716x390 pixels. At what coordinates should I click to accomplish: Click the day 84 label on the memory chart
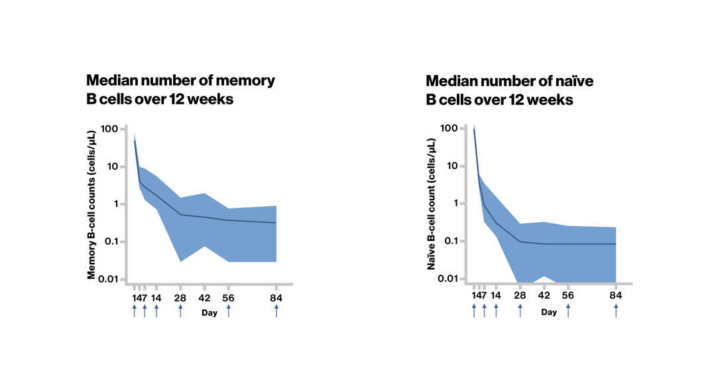click(276, 298)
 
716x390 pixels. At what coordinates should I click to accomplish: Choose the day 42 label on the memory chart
click(204, 298)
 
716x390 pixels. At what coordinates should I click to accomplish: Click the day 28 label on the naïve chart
click(520, 296)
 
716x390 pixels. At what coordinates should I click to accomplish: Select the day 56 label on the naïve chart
click(568, 296)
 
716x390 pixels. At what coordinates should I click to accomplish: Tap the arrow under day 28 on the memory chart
click(180, 310)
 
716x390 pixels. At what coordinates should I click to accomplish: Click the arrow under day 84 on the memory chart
click(276, 310)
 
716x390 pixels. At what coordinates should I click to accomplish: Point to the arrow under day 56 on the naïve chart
click(568, 309)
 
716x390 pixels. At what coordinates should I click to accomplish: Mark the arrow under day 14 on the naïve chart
click(496, 309)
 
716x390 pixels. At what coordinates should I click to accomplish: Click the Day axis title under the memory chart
click(209, 313)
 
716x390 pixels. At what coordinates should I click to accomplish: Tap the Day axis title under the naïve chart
click(549, 313)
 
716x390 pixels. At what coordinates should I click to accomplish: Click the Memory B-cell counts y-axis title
click(91, 204)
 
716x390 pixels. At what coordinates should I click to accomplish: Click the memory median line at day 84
click(276, 223)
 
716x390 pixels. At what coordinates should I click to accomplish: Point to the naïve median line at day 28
click(520, 242)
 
